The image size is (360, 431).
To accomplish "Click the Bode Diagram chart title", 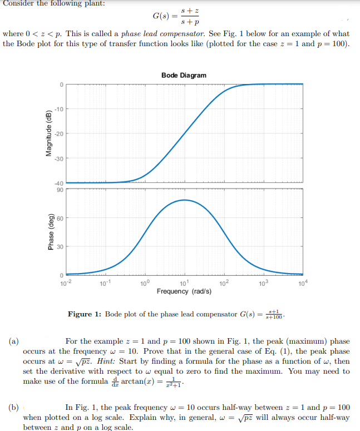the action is (x=184, y=75).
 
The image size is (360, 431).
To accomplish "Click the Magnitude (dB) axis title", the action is (x=49, y=133).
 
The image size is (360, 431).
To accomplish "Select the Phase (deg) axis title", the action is (x=51, y=232).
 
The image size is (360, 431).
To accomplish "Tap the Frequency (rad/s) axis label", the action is (x=184, y=291).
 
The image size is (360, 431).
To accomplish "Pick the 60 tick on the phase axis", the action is (x=60, y=219).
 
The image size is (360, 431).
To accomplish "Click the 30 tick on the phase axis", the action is (x=60, y=247).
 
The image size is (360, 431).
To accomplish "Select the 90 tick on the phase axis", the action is (x=60, y=190).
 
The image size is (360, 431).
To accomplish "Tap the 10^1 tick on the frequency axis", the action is (x=184, y=283).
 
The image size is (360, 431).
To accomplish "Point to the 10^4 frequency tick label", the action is (x=303, y=283).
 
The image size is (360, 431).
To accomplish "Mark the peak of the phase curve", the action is (x=185, y=200).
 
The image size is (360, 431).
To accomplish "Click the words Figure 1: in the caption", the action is (x=85, y=314).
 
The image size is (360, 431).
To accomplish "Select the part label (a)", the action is (x=14, y=341).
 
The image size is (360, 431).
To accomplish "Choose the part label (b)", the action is (x=14, y=407).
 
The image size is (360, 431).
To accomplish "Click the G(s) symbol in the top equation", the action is (x=161, y=16).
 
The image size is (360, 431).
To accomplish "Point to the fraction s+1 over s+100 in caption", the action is (x=274, y=314).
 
